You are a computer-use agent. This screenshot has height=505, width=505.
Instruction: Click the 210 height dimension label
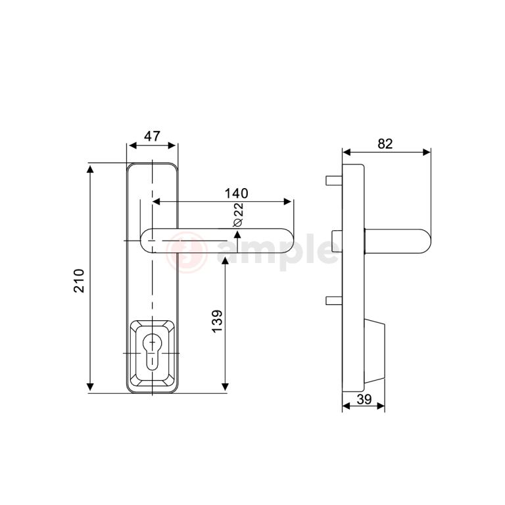(x=79, y=281)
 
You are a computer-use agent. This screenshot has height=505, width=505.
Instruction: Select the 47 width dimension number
(x=152, y=136)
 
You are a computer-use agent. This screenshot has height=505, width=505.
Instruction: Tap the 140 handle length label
(x=237, y=193)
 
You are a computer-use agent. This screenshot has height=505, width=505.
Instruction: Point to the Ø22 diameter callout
(x=238, y=215)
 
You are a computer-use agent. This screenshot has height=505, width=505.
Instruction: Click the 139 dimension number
(x=217, y=321)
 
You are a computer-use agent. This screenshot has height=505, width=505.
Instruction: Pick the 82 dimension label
(x=385, y=143)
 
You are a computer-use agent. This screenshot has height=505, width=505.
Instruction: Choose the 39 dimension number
(x=364, y=399)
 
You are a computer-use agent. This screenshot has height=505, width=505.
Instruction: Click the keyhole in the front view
(x=152, y=352)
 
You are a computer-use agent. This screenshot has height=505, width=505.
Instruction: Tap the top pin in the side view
(x=334, y=180)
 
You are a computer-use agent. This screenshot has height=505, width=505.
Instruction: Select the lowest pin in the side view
(x=334, y=301)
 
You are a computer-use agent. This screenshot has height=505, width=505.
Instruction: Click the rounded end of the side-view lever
(x=426, y=241)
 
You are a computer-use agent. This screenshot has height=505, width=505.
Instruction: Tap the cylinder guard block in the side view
(x=374, y=351)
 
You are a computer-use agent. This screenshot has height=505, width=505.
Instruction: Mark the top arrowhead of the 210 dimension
(x=90, y=169)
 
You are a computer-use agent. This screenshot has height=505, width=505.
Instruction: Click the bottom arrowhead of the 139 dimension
(x=226, y=387)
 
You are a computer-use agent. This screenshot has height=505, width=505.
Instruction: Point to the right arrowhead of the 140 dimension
(x=287, y=202)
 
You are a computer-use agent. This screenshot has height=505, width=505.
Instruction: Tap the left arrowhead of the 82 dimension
(x=347, y=152)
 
